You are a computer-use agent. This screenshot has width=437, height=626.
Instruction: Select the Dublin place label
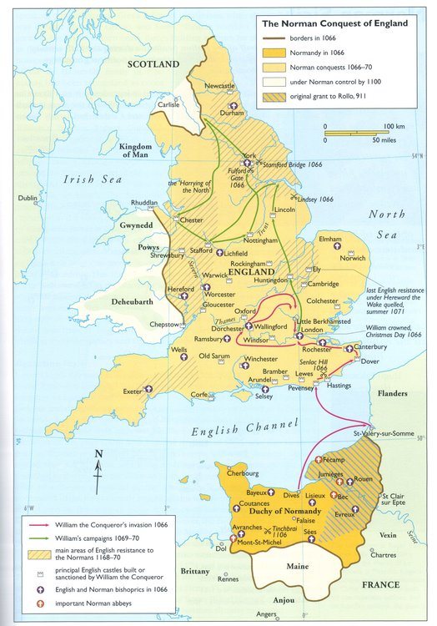click(x=28, y=199)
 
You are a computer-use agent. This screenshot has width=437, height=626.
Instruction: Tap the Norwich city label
click(x=352, y=258)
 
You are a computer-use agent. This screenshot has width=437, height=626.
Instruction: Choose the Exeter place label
click(x=132, y=391)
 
